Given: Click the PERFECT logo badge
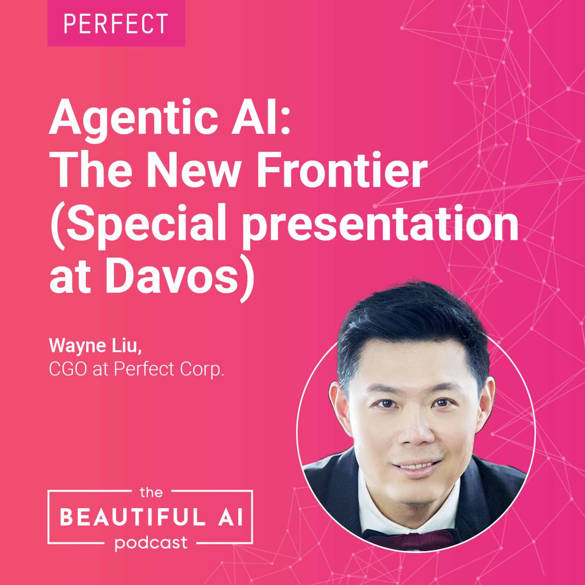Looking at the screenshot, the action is [x=116, y=23].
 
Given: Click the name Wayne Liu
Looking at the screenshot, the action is [x=95, y=346].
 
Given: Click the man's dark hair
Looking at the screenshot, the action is [x=413, y=322].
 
